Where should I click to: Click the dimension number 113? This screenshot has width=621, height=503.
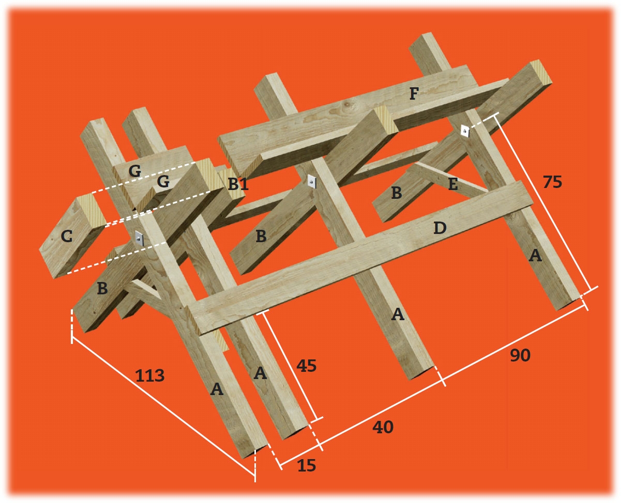[150, 375]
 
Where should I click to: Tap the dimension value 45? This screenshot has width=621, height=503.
[307, 366]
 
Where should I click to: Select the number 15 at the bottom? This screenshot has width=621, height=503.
[307, 465]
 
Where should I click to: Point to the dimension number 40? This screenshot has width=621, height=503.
[383, 427]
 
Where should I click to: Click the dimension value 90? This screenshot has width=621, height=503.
[520, 355]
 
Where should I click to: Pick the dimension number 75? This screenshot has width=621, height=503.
[552, 182]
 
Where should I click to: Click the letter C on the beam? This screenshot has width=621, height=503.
[67, 236]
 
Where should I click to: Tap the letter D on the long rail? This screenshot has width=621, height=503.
[440, 228]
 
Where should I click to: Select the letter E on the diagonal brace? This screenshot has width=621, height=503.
[453, 184]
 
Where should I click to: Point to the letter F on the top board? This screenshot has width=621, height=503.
[414, 93]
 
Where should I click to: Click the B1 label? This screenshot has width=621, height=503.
[238, 184]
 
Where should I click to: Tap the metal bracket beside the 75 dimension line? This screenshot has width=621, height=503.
[465, 132]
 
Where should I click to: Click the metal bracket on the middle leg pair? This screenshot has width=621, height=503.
[312, 182]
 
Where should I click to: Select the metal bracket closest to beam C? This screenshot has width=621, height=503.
[140, 239]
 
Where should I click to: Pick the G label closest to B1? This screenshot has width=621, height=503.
[163, 182]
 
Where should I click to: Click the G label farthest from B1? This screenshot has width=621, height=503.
[134, 170]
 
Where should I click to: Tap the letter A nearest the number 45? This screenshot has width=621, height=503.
[260, 373]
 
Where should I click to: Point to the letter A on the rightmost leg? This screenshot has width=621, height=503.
[535, 256]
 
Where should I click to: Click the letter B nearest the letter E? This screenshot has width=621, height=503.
[397, 193]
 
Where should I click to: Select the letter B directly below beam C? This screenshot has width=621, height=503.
[102, 288]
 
